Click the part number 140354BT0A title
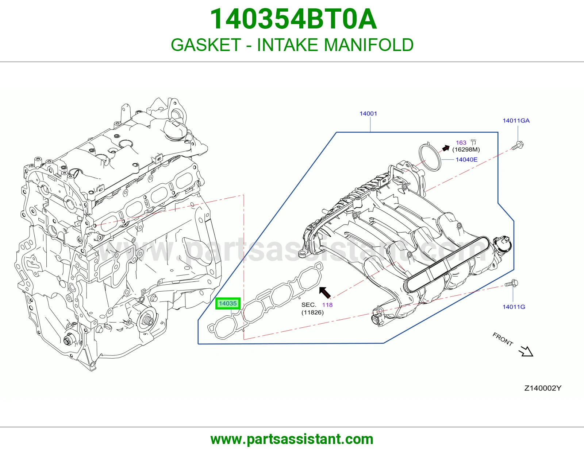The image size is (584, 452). tap(293, 19)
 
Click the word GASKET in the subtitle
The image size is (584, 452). tap(206, 45)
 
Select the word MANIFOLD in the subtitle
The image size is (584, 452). tap(369, 45)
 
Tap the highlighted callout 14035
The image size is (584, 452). tap(228, 303)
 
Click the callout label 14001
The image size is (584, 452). tap(368, 113)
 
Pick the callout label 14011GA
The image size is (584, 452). tap(516, 121)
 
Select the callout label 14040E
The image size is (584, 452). tap(466, 159)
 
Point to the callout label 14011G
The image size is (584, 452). tap(514, 307)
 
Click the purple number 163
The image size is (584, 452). tap(461, 143)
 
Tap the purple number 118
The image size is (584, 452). tap(327, 305)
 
